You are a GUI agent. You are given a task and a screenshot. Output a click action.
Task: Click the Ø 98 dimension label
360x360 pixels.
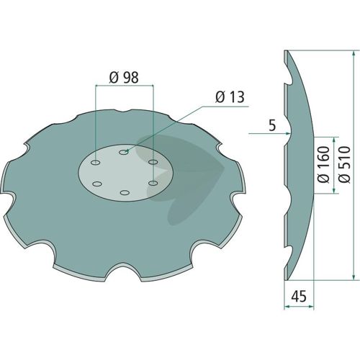(124, 78)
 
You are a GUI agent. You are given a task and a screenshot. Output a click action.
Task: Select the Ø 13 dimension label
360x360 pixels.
(230, 97)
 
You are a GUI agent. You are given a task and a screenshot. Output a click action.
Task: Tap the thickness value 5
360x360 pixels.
(272, 126)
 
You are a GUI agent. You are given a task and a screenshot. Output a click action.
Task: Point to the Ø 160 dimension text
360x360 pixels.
(324, 164)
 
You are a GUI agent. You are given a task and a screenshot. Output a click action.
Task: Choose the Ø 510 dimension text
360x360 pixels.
(344, 164)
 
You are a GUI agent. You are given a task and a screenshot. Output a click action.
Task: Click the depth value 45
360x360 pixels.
(299, 296)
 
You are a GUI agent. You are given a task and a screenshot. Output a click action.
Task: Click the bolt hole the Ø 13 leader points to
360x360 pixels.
(124, 152)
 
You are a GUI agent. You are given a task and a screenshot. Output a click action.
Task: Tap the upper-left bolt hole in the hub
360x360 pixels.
(95, 163)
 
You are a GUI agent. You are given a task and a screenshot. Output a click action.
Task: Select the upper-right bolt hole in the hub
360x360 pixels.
(153, 162)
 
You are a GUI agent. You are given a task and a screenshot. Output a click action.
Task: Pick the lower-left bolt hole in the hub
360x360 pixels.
(96, 184)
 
